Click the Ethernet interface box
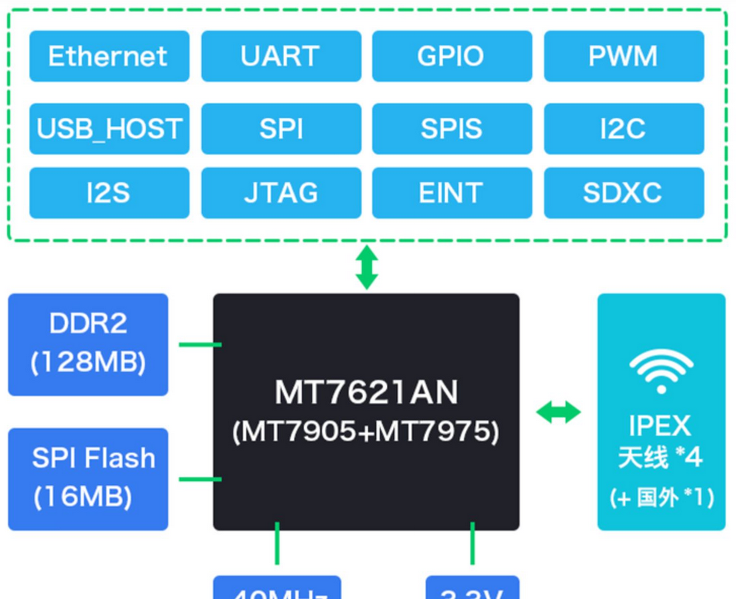coord(109,56)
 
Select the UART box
coord(280,56)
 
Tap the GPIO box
coord(451,56)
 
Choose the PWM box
coord(623,56)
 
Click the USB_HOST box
coord(109,129)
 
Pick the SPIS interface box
coord(451,129)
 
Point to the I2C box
coord(623,129)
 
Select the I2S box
coord(109,193)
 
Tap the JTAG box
coord(280,193)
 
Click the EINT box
coord(451,193)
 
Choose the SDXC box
coord(623,193)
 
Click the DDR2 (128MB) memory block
coord(88,344)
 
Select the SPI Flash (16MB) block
coord(88,478)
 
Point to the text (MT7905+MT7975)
coord(366,432)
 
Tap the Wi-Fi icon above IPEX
coord(661,371)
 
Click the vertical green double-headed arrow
coord(366,268)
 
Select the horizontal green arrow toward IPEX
coord(559,412)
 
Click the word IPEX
coord(661,426)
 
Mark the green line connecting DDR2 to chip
coord(199,345)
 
